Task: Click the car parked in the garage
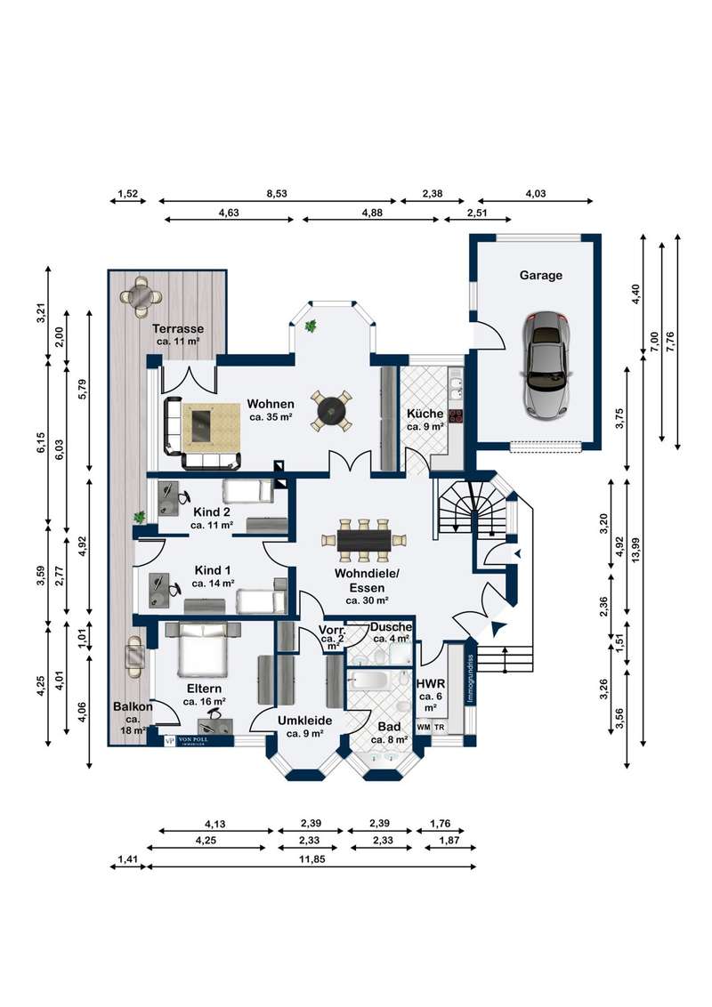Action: click(544, 366)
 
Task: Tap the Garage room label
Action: click(541, 276)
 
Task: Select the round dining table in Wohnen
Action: click(331, 411)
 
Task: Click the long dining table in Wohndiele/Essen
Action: click(363, 539)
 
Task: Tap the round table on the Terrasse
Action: click(142, 296)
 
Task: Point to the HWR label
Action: click(431, 683)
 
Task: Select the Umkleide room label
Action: click(304, 721)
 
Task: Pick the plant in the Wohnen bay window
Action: click(311, 326)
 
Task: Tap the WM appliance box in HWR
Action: click(424, 728)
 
